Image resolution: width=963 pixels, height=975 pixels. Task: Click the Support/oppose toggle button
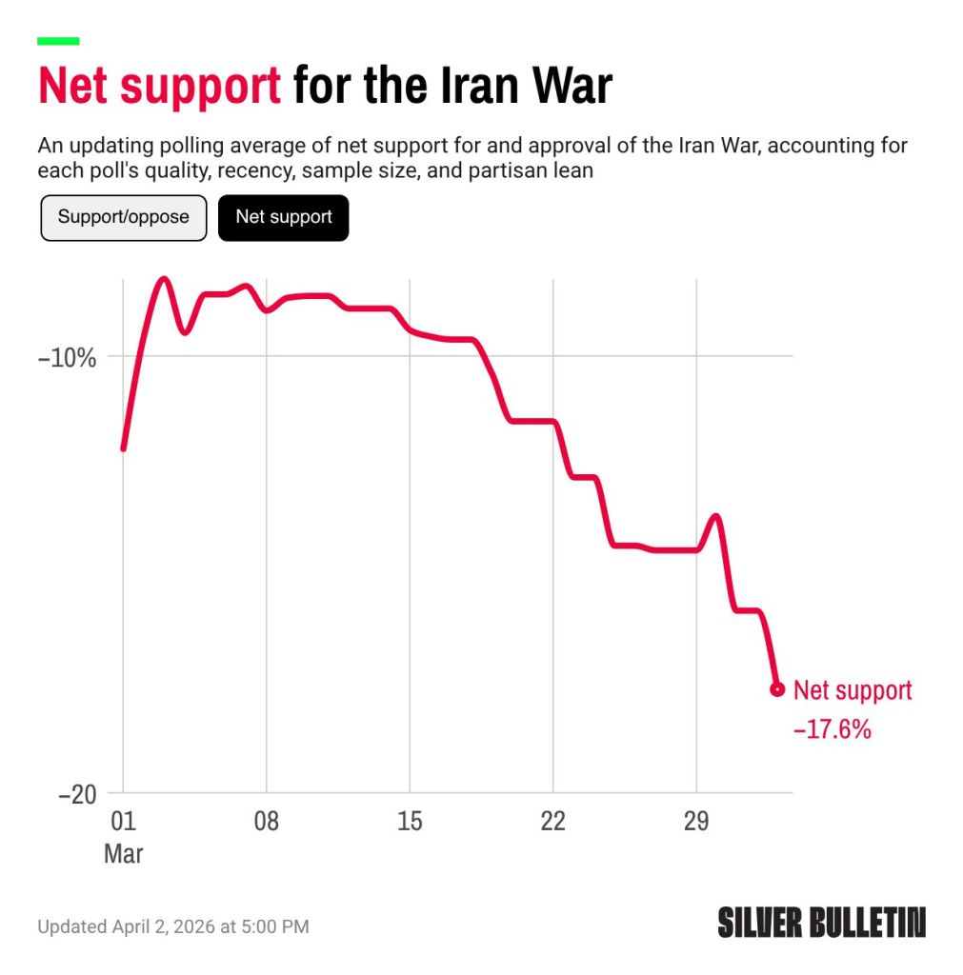123,218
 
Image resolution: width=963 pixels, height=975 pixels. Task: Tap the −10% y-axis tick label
68,358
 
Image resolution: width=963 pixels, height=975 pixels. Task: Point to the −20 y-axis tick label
77,794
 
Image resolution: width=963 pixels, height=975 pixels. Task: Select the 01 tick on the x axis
123,821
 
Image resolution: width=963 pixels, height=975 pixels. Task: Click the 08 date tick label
267,821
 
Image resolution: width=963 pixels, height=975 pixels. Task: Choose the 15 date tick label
410,821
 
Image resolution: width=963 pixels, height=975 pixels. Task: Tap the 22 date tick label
553,821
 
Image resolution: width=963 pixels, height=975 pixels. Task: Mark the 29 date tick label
696,821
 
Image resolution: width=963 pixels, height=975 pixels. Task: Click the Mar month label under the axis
123,854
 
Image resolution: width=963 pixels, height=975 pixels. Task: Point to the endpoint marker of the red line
777,689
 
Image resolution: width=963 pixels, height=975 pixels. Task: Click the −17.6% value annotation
832,728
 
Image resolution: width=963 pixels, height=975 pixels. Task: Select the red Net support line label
853,691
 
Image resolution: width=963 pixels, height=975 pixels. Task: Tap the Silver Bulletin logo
821,922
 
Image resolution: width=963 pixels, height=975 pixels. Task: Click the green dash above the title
58,41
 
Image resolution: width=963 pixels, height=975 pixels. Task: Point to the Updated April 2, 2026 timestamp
173,926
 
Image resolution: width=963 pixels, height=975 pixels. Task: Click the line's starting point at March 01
123,448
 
